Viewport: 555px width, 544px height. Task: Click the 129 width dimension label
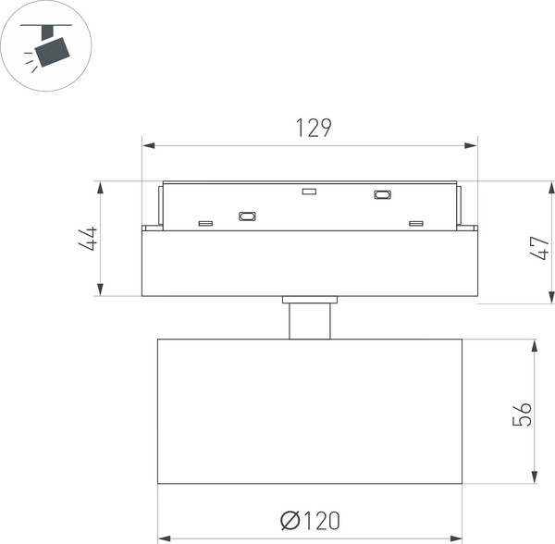point(314,128)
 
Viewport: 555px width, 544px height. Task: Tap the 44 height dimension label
point(88,239)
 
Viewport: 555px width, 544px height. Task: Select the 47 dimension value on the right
point(539,248)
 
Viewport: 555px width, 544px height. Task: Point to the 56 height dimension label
point(522,414)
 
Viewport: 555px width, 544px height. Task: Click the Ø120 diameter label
point(310,521)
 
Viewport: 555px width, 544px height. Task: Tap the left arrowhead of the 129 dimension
point(149,145)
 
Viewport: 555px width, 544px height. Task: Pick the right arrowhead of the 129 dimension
point(471,145)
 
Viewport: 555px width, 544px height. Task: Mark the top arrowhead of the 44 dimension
point(101,188)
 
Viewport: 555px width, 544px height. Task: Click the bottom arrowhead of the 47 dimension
point(551,297)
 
